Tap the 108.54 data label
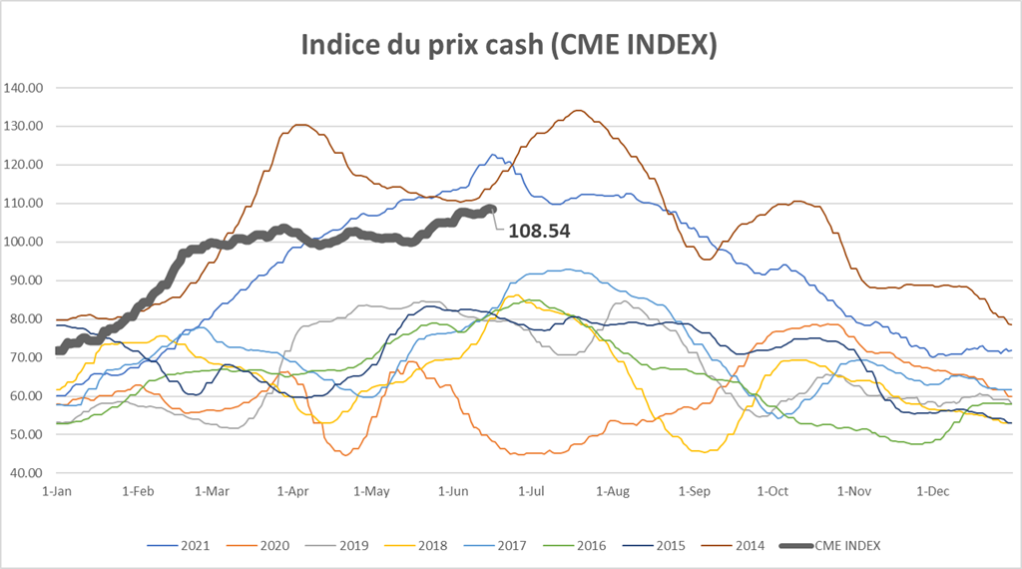coord(539,231)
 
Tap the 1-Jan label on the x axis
coord(56,492)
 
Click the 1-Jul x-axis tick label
coord(529,492)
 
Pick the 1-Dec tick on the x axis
coord(932,492)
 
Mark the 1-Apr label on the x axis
coord(292,492)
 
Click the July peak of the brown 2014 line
coord(578,110)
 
